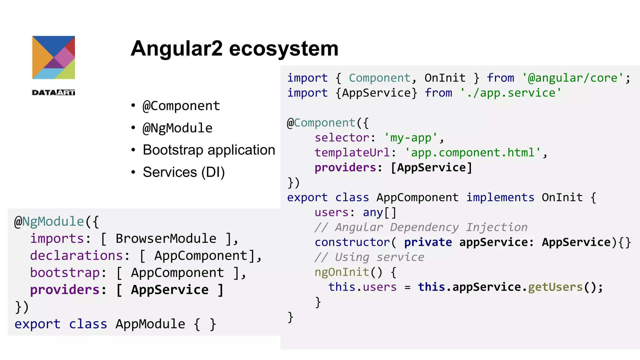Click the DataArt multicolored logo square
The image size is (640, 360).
pyautogui.click(x=53, y=57)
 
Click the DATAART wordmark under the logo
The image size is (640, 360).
pyautogui.click(x=53, y=92)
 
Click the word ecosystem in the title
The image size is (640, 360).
pyautogui.click(x=284, y=49)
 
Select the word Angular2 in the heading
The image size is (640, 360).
pyautogui.click(x=177, y=49)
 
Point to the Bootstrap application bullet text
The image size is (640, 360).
pyautogui.click(x=209, y=150)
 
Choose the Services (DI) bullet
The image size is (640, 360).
pyautogui.click(x=184, y=172)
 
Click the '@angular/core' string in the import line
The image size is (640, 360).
pyautogui.click(x=572, y=78)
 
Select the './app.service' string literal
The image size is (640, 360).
pyautogui.click(x=511, y=93)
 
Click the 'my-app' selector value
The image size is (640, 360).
pyautogui.click(x=411, y=138)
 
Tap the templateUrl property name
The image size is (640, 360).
pyautogui.click(x=352, y=153)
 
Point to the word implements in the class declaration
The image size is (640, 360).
pyautogui.click(x=500, y=197)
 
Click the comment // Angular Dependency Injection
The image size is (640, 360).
pyautogui.click(x=421, y=227)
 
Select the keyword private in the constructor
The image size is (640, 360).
pyautogui.click(x=428, y=242)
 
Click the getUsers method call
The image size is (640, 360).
pyautogui.click(x=555, y=287)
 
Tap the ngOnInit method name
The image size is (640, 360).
pyautogui.click(x=342, y=272)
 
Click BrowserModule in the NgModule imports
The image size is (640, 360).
pyautogui.click(x=166, y=239)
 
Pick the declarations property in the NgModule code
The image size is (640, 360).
pyautogui.click(x=76, y=256)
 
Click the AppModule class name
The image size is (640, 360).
pyautogui.click(x=150, y=324)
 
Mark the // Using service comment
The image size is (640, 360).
pyautogui.click(x=369, y=257)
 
